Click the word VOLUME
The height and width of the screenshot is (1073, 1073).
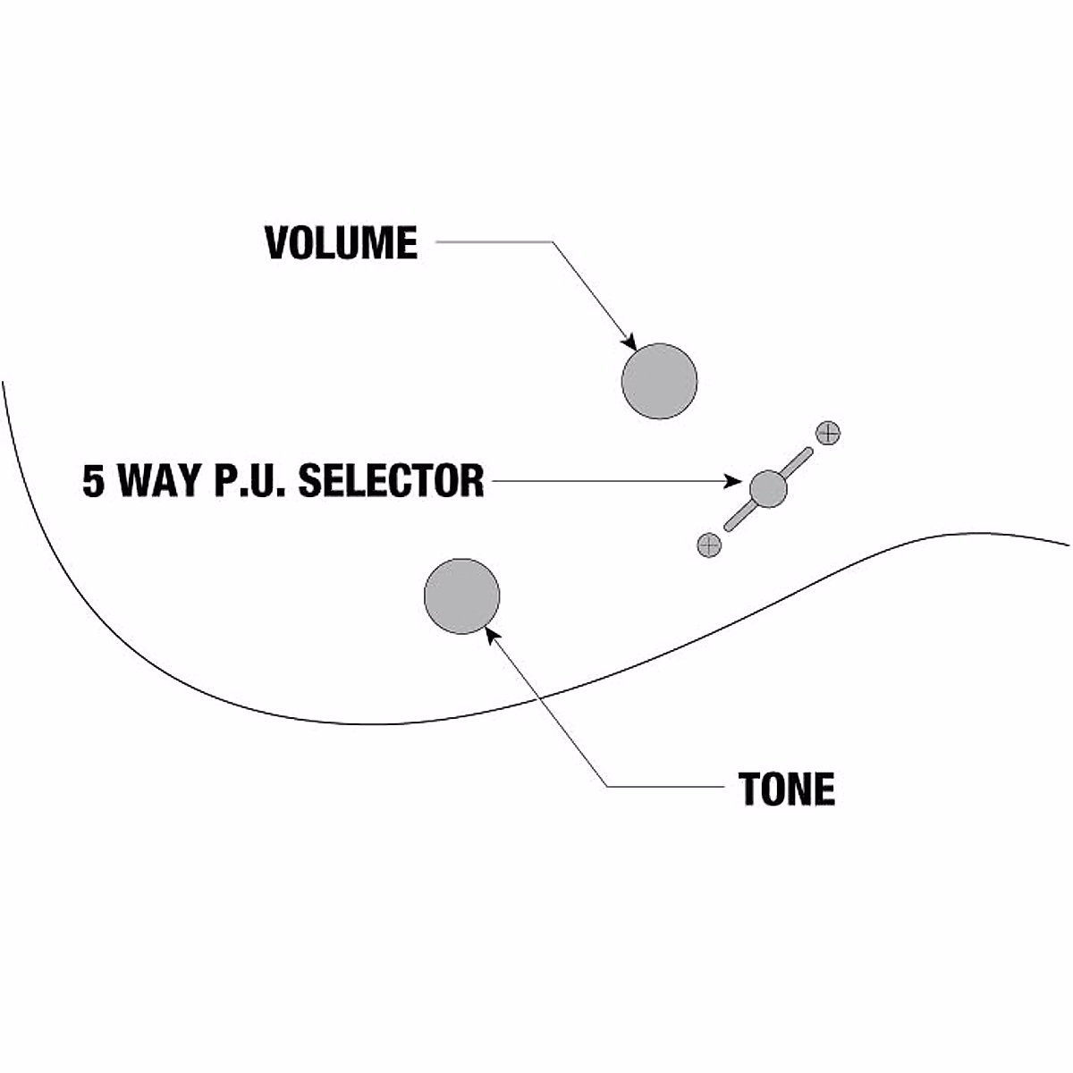tap(342, 243)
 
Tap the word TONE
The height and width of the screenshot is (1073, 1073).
tap(787, 789)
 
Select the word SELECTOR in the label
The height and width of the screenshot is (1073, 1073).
tap(391, 481)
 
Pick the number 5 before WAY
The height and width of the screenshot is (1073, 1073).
tap(93, 481)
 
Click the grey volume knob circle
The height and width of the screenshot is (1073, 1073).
tap(659, 381)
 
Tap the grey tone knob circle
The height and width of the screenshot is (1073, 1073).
tap(461, 596)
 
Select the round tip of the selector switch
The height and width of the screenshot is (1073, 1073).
tap(768, 488)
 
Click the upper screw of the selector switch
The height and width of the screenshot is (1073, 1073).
tap(829, 434)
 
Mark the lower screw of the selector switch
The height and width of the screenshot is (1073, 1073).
tap(708, 545)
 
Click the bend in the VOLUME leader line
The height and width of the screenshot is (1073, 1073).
tap(552, 241)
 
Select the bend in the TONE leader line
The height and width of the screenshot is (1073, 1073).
tap(608, 787)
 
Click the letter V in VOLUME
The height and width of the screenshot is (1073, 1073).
tap(278, 243)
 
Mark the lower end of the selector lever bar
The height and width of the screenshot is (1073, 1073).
tap(729, 527)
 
